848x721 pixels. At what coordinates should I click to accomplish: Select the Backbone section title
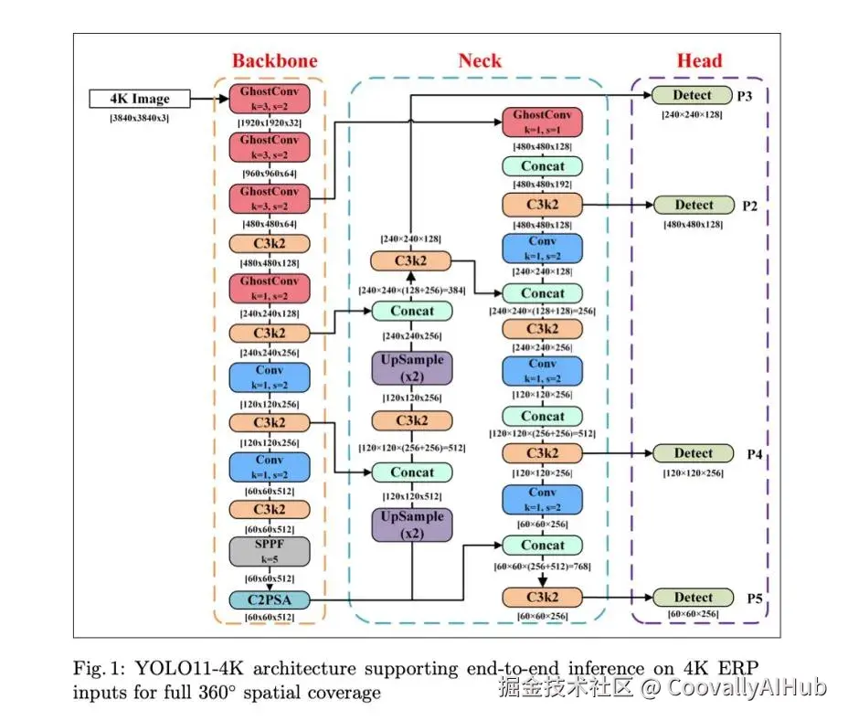[274, 61]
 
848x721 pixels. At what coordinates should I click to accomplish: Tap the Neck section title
[480, 61]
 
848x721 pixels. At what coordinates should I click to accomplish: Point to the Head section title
[699, 61]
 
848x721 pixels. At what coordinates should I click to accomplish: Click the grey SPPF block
[270, 551]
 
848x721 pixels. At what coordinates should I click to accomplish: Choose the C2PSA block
[270, 599]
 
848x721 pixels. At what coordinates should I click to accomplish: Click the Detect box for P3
[693, 95]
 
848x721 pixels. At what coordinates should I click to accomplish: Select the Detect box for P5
[693, 597]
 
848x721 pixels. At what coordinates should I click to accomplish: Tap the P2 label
[751, 206]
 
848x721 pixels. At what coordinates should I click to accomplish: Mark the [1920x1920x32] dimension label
[270, 122]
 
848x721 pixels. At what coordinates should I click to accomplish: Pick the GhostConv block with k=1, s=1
[542, 122]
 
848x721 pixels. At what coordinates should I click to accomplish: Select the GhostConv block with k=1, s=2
[270, 288]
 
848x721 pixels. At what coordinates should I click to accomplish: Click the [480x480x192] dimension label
[543, 185]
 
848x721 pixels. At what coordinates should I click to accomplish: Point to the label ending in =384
[411, 290]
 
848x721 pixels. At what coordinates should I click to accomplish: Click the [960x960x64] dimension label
[270, 172]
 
